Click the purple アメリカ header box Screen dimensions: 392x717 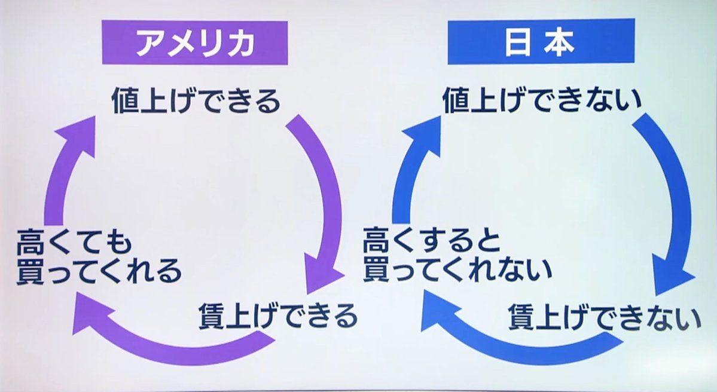click(195, 42)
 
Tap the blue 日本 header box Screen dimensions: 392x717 click(541, 42)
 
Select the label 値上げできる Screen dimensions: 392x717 click(196, 101)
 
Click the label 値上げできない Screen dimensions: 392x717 click(542, 101)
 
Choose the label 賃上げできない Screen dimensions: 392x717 click(605, 317)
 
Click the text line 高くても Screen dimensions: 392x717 click(75, 244)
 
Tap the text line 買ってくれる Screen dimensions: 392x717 click(99, 272)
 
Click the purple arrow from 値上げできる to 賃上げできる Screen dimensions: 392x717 click(326, 197)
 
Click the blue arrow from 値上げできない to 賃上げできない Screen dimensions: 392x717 click(670, 197)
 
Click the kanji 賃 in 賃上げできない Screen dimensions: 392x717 click(521, 317)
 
